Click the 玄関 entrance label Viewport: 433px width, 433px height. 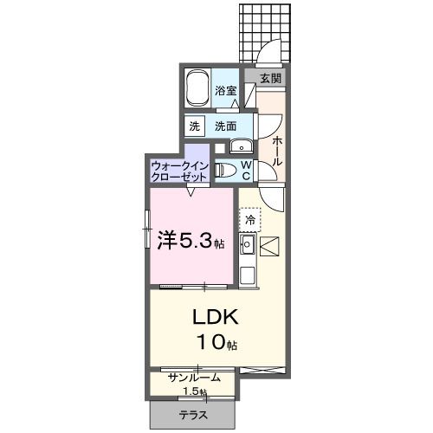[270, 78]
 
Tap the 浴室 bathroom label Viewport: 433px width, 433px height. [226, 89]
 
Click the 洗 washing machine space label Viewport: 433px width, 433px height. [194, 126]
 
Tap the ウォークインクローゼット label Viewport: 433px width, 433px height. [179, 170]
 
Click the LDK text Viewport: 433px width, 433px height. [215, 315]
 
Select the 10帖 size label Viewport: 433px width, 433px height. [216, 343]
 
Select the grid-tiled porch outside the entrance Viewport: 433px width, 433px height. [264, 30]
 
